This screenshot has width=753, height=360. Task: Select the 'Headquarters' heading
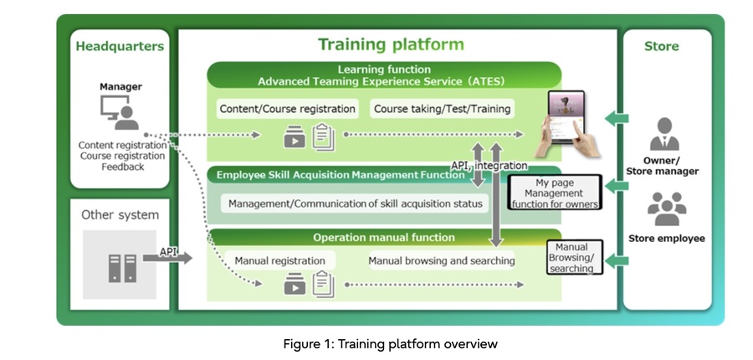tap(120, 45)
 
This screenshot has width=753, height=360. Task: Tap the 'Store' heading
tap(661, 45)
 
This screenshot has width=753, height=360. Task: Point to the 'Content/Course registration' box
tap(287, 109)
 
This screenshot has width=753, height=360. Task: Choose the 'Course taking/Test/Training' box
tap(442, 109)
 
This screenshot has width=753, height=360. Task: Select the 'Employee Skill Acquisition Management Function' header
tap(340, 175)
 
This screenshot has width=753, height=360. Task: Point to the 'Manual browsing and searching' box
tap(441, 260)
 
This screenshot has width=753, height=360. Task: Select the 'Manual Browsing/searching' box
tap(571, 258)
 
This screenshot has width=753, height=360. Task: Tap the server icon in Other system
tap(120, 265)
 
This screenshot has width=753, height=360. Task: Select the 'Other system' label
tap(120, 215)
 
